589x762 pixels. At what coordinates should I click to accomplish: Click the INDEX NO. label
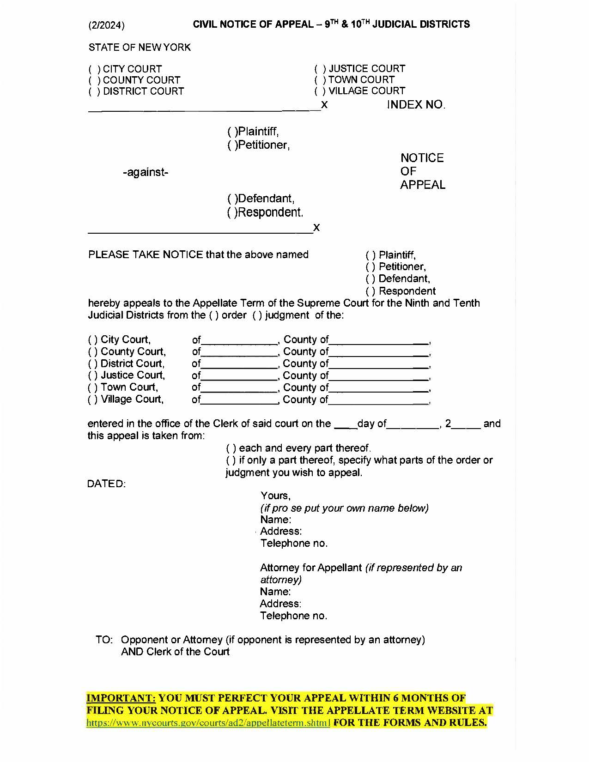pyautogui.click(x=416, y=105)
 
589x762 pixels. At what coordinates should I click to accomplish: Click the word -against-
pyautogui.click(x=146, y=173)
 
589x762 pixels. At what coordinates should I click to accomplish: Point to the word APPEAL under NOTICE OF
pyautogui.click(x=422, y=185)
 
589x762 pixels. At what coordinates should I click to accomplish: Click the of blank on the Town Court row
pyautogui.click(x=239, y=388)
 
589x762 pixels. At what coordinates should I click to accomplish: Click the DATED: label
pyautogui.click(x=106, y=484)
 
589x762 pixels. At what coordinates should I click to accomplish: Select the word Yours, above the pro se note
pyautogui.click(x=275, y=496)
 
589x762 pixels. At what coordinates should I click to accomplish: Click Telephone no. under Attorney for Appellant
pyautogui.click(x=293, y=616)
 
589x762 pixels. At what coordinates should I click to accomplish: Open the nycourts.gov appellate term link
pyautogui.click(x=208, y=723)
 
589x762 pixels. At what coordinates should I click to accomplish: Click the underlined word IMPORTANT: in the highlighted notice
pyautogui.click(x=121, y=698)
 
